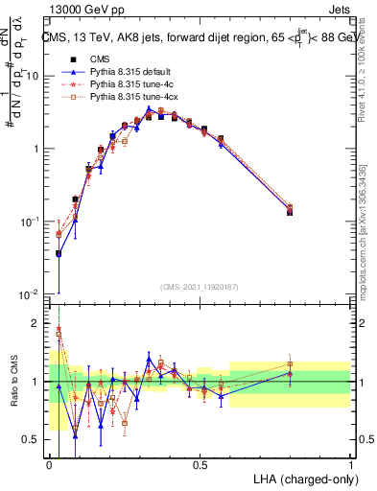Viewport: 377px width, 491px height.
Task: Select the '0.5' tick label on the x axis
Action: (x=200, y=464)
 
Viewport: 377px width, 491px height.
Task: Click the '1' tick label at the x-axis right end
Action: (x=350, y=464)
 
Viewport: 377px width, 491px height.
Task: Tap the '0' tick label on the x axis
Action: (x=49, y=464)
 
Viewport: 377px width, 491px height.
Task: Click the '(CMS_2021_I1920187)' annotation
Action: (x=200, y=285)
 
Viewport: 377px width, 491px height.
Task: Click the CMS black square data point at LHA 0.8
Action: (x=290, y=212)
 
